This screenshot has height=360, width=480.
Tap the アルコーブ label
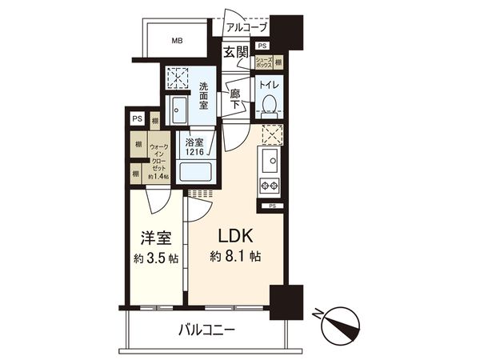(x=244, y=26)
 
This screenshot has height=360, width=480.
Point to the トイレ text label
(x=268, y=82)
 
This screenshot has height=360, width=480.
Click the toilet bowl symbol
(x=269, y=105)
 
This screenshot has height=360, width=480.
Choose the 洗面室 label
(x=204, y=95)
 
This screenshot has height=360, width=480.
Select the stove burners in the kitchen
(x=266, y=187)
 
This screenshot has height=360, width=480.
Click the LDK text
(x=237, y=237)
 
